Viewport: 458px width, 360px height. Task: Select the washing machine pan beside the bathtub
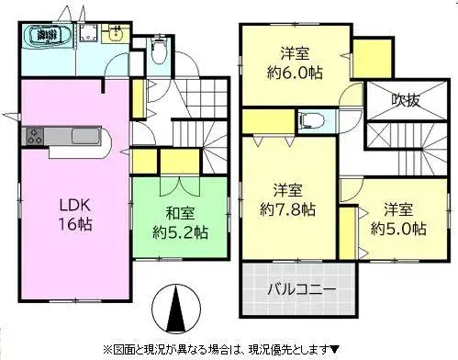(89, 34)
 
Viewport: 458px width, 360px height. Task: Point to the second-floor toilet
(311, 120)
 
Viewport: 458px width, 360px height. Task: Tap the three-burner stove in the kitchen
(34, 139)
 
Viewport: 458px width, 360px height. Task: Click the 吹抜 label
(404, 99)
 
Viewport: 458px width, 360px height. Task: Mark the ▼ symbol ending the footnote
(335, 348)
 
